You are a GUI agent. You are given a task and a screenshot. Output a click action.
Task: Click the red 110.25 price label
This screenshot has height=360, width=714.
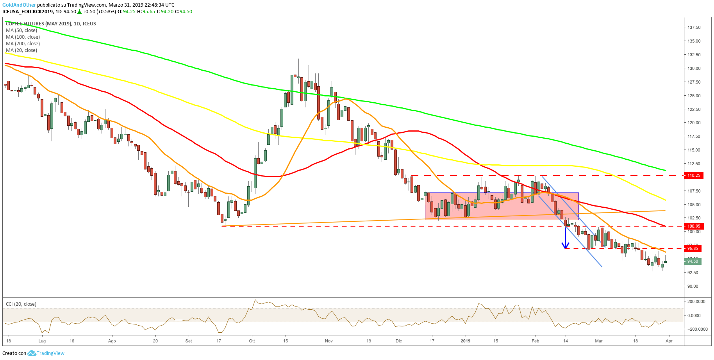pos(694,175)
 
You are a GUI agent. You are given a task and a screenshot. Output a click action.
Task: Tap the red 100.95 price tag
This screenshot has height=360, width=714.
pos(694,226)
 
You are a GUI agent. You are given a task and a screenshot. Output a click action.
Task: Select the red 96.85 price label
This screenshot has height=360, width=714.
pos(693,248)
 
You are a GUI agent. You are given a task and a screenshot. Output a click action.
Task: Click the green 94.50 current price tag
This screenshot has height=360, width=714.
pos(693,261)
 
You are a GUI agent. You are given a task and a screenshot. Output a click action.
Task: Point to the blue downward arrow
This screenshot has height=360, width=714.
pos(565,238)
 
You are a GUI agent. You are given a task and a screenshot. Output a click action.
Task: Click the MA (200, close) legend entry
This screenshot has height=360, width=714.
pos(23,44)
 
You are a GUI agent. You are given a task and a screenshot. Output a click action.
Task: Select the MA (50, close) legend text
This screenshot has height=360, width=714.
pos(21,30)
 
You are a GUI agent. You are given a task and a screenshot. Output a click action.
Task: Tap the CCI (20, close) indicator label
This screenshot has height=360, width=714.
pos(21,304)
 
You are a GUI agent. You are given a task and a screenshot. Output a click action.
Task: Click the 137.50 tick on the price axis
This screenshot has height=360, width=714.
pos(694,27)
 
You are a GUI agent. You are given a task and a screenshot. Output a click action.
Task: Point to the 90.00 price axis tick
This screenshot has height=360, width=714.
pos(693,286)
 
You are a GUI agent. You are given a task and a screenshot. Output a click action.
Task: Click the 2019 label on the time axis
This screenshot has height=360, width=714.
pos(465,341)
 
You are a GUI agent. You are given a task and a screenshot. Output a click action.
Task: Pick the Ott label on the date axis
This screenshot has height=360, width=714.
pos(252,341)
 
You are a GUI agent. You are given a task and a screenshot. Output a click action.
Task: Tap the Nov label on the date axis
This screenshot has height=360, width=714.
pos(328,341)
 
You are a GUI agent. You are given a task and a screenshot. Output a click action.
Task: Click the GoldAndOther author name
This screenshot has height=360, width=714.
pos(19,5)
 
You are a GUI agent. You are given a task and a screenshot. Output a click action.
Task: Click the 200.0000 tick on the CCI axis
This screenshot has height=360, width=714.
pos(696,301)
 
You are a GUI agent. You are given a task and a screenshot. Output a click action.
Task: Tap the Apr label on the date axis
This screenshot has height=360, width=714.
pos(669,341)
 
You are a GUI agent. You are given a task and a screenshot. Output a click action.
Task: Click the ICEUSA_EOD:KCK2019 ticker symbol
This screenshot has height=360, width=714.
pos(29,12)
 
